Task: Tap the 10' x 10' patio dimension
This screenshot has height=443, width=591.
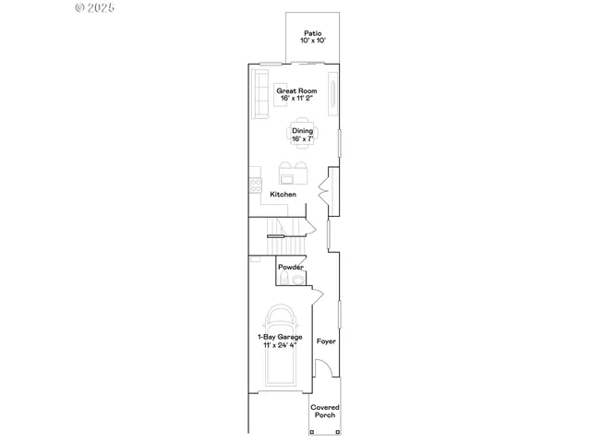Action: coord(312,42)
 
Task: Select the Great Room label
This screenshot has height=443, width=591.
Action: coord(296,90)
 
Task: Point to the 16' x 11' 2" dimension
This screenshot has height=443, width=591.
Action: coord(296,99)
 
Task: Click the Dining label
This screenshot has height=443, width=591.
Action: coord(303,131)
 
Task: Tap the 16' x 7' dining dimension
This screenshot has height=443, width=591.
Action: coord(303,139)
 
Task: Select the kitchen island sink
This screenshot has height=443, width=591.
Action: coord(288,178)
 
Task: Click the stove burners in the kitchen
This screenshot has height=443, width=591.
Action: coord(253,186)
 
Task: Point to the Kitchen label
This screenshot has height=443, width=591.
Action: coord(283,195)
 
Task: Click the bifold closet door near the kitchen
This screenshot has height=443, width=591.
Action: coord(320,191)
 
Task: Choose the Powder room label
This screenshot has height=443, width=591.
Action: coord(291,267)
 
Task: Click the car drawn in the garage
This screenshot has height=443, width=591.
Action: coord(283,347)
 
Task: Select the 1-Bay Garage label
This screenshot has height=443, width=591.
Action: coord(279,337)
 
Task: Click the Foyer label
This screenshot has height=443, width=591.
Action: coord(326,341)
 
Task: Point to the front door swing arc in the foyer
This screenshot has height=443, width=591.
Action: coord(324,369)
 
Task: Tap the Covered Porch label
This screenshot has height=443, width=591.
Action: coord(324,411)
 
